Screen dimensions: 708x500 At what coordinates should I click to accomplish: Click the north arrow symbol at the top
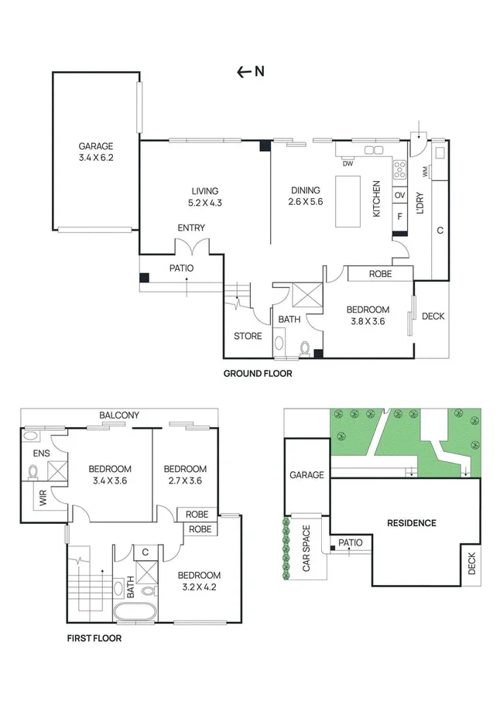coord(251,72)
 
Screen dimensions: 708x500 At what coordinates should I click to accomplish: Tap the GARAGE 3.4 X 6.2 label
coord(96,151)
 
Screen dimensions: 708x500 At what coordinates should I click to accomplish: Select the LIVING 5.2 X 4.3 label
coord(205,197)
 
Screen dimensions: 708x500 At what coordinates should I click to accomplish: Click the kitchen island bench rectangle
coord(348,201)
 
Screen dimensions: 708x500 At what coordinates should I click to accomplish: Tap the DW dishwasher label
coord(347,163)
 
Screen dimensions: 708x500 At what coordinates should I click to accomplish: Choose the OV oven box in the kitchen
coord(400,196)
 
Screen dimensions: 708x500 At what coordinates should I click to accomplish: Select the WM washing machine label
coord(425,171)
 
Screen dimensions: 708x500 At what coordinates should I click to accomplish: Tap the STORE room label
coord(248,336)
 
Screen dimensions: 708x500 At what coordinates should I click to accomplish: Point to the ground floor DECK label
coord(433,316)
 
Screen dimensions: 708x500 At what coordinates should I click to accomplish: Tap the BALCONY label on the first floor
coord(119,416)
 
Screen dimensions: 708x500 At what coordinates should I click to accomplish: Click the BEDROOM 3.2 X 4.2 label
coord(199,580)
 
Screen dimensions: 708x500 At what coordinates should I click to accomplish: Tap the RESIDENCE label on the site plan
coord(411,523)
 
